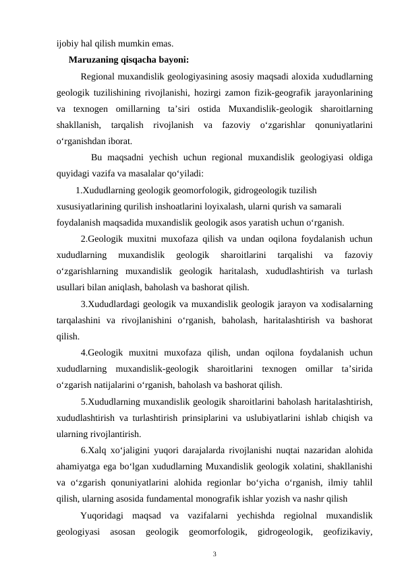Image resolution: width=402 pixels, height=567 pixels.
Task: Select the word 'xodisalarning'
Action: pos(345,304)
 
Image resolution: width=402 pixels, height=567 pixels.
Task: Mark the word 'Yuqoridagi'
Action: pos(101,516)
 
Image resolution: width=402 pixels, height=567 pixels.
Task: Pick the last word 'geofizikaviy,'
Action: pos(349,532)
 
